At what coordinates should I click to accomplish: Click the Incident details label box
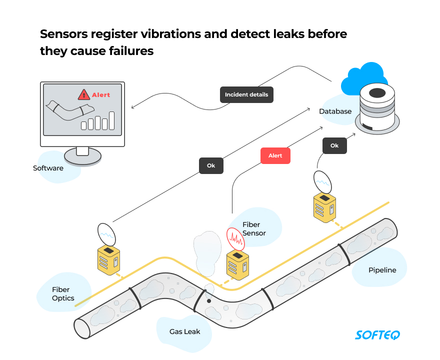246,94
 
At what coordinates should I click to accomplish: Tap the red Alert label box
275,155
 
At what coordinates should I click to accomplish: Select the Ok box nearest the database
334,145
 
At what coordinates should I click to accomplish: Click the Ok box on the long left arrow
211,165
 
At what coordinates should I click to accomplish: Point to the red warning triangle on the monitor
83,94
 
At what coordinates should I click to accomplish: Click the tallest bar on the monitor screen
112,120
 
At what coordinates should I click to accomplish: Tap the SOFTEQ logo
377,334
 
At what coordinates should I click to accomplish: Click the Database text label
335,111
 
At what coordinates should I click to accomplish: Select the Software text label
48,168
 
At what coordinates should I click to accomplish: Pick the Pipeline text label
382,270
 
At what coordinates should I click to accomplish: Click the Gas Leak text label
184,331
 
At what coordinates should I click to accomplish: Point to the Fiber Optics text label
63,294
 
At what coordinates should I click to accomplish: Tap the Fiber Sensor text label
254,229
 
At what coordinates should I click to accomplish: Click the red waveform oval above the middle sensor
235,239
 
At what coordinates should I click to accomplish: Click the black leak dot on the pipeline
209,301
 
